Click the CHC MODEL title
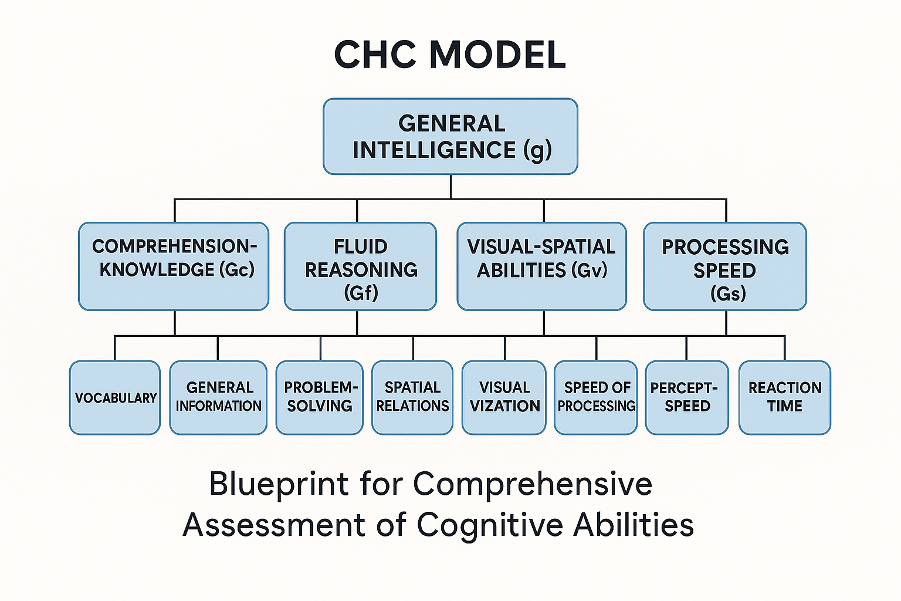(450, 55)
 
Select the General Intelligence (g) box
(450, 137)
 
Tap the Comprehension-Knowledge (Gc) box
(174, 266)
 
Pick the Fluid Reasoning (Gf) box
(360, 266)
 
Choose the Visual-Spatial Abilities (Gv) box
(541, 266)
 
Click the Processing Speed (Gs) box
(724, 266)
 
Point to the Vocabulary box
(115, 398)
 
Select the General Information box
(218, 398)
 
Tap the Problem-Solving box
(320, 398)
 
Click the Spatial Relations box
(412, 398)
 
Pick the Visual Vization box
(504, 398)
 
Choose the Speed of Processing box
(596, 398)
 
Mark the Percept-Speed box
(687, 398)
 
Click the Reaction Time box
(784, 398)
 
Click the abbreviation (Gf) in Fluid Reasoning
(361, 292)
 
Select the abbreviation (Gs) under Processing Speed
(727, 293)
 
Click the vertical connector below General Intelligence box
(450, 187)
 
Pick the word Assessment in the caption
(274, 525)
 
